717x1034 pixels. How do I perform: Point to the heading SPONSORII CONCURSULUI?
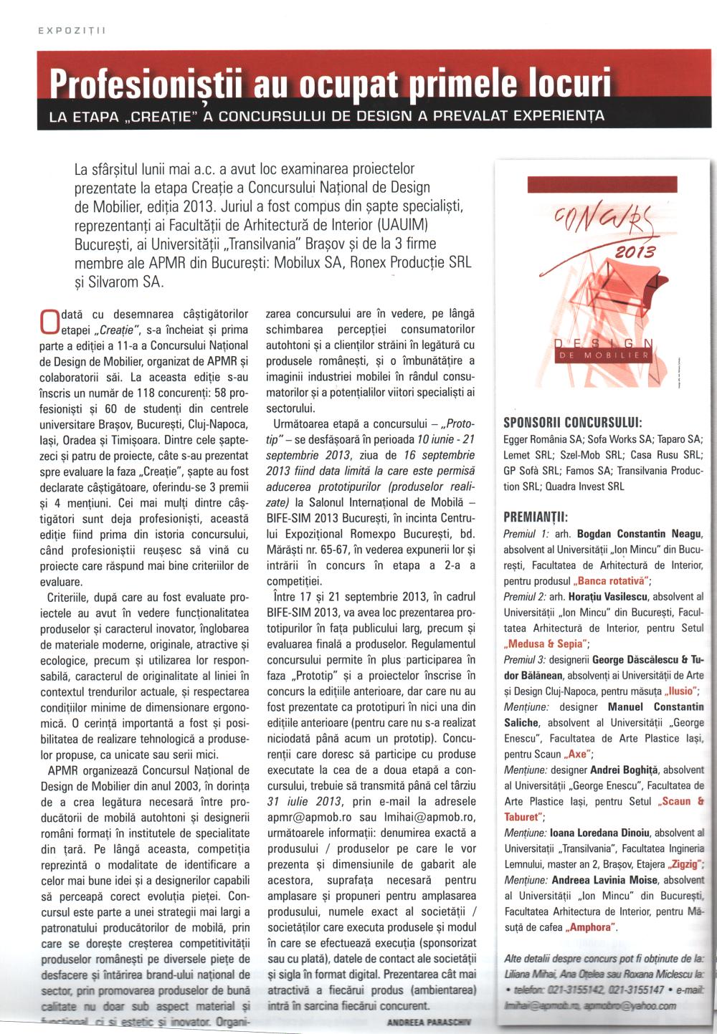573,421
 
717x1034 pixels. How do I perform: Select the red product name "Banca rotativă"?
612,581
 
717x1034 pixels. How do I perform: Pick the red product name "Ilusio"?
678,691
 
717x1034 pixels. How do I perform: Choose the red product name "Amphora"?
592,927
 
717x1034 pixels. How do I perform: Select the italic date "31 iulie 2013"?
300,801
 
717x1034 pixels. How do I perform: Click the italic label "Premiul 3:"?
526,659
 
